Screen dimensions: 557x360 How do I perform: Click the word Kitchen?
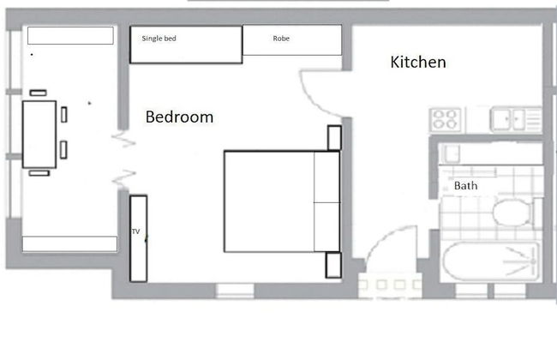[418, 63]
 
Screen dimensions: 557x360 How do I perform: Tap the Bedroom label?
[179, 117]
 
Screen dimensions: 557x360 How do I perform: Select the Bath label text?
[465, 185]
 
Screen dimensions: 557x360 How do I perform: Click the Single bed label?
[159, 39]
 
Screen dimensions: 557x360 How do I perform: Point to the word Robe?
[281, 39]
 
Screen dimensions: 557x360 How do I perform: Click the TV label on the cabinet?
[135, 231]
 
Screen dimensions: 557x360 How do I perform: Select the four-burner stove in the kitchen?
[446, 119]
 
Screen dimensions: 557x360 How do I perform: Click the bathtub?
[491, 261]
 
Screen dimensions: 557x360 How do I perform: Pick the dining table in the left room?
[39, 135]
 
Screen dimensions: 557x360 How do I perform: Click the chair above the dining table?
[38, 93]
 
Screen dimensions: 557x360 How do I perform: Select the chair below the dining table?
[39, 173]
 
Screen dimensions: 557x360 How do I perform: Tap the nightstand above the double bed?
[334, 137]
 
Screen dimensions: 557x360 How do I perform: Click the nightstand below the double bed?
[333, 265]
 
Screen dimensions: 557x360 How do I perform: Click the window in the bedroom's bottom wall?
[235, 291]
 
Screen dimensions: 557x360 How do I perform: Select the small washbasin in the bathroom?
[450, 154]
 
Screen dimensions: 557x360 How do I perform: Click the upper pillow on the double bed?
[326, 177]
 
